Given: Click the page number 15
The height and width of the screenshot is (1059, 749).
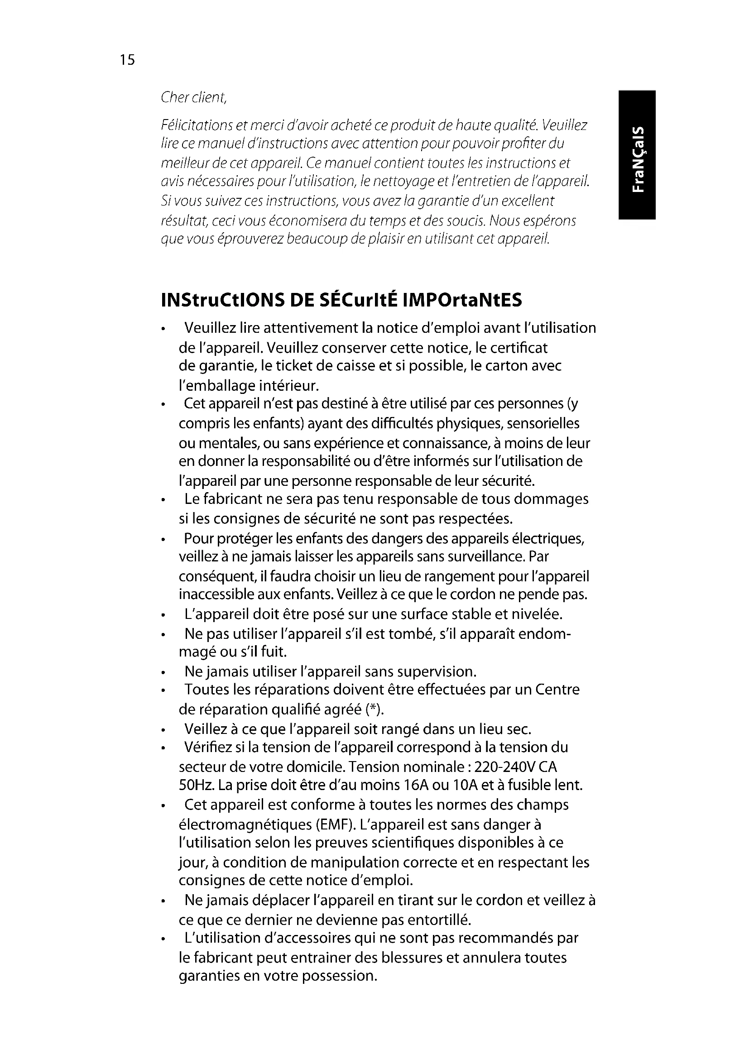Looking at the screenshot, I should point(127,60).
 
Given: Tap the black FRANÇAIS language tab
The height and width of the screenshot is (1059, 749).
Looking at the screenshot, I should point(637,154).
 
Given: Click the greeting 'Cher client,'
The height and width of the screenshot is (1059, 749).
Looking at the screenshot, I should point(194,97).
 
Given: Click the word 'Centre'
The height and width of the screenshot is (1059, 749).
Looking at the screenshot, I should point(557,690).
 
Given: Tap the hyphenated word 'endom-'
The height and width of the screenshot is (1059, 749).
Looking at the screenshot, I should point(544,634).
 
